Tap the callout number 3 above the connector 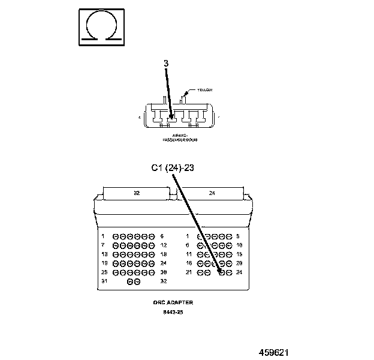tap(166, 63)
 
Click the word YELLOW tap(204, 90)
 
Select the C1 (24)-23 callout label tap(172, 168)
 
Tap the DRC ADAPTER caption tap(173, 302)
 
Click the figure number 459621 tap(278, 352)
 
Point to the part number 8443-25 tap(173, 312)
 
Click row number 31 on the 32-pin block tap(104, 281)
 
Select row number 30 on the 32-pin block tap(163, 272)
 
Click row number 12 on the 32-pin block tap(163, 245)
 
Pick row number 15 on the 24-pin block tap(239, 254)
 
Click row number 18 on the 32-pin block tap(163, 254)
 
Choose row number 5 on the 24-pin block tap(238, 236)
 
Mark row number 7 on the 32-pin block tap(103, 245)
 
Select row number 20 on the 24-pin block tap(239, 263)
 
